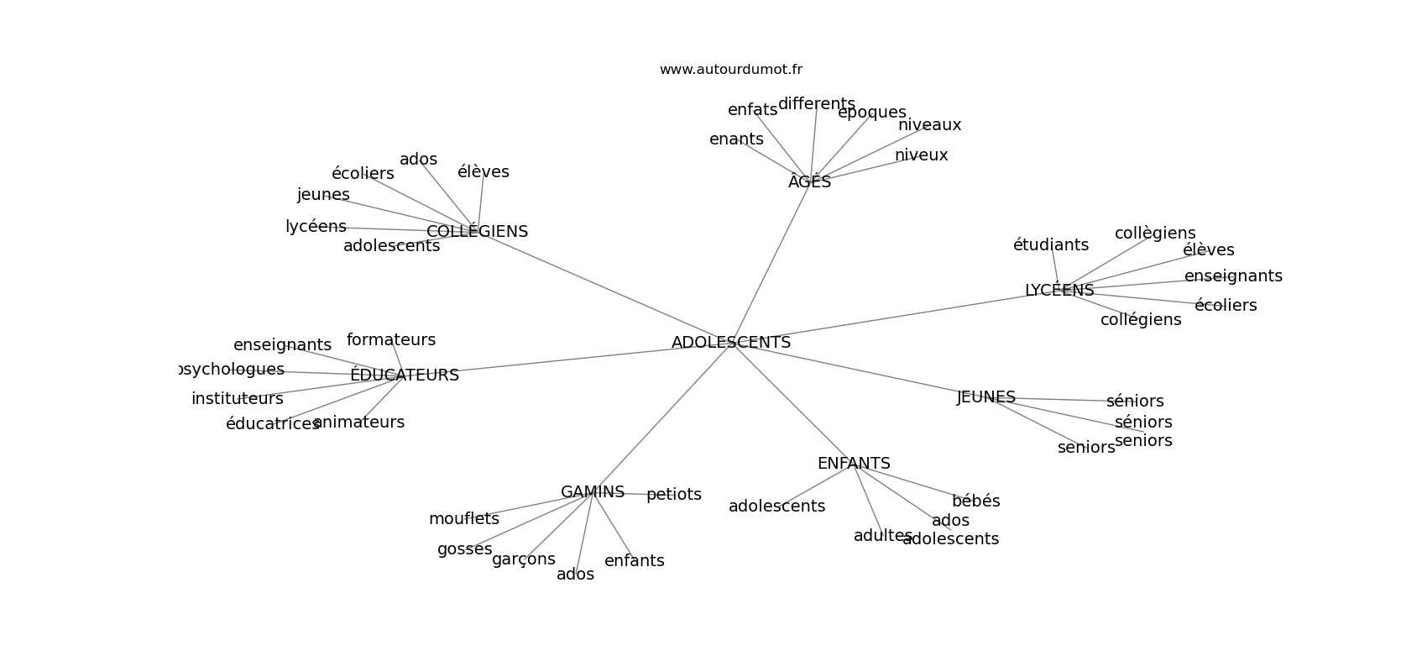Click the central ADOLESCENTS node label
click(730, 343)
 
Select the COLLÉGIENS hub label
click(477, 232)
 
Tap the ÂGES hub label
click(809, 182)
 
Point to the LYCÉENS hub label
click(1059, 291)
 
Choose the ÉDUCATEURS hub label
click(404, 375)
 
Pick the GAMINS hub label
click(593, 492)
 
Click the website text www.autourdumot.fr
click(730, 70)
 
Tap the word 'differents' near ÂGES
click(816, 104)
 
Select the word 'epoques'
click(871, 113)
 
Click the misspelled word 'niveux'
click(921, 155)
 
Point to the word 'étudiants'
click(1050, 245)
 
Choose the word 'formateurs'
click(391, 340)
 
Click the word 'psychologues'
click(233, 370)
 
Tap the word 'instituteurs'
click(237, 399)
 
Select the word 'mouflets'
click(463, 519)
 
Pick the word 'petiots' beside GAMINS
click(673, 495)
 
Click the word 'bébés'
click(975, 501)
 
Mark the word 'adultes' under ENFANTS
click(882, 536)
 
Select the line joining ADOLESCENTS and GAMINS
click(663, 417)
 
